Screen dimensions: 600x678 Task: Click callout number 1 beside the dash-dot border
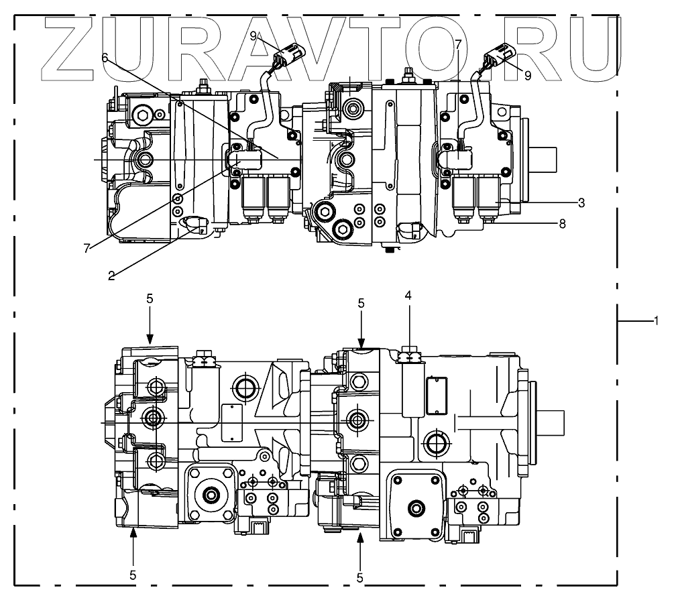coord(657,321)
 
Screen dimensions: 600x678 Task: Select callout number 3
coord(581,202)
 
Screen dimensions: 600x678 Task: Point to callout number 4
coord(408,294)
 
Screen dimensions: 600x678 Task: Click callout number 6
coord(105,58)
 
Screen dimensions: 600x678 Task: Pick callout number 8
coord(562,224)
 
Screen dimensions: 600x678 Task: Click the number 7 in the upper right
coord(458,45)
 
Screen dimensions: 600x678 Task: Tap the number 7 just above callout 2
coord(87,249)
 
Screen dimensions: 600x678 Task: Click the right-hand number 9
coord(527,76)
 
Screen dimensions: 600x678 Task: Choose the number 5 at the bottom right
coord(361,576)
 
